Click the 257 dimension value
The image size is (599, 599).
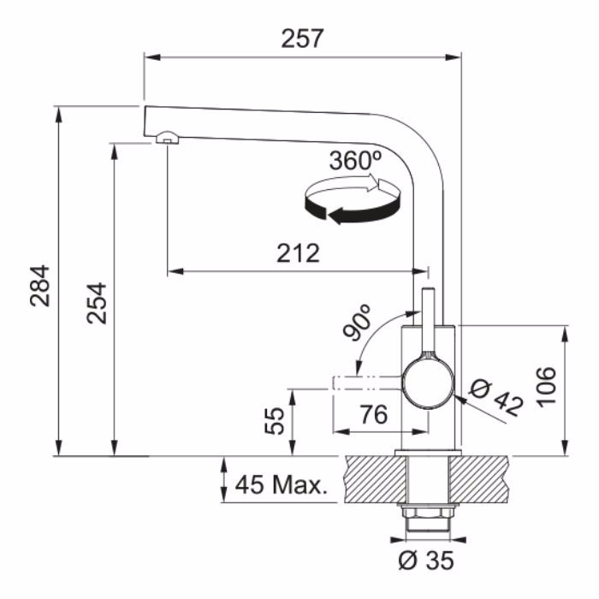click(x=302, y=39)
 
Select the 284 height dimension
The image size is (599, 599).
click(x=39, y=286)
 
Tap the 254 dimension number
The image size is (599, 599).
click(x=96, y=303)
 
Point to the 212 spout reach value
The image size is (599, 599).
click(x=298, y=253)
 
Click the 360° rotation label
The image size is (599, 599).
click(x=356, y=161)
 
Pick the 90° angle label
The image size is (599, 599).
click(x=357, y=322)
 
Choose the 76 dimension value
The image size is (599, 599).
click(x=374, y=414)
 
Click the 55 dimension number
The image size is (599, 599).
click(x=275, y=421)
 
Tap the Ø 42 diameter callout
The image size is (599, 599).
click(x=496, y=399)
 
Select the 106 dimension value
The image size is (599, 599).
click(x=546, y=387)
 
